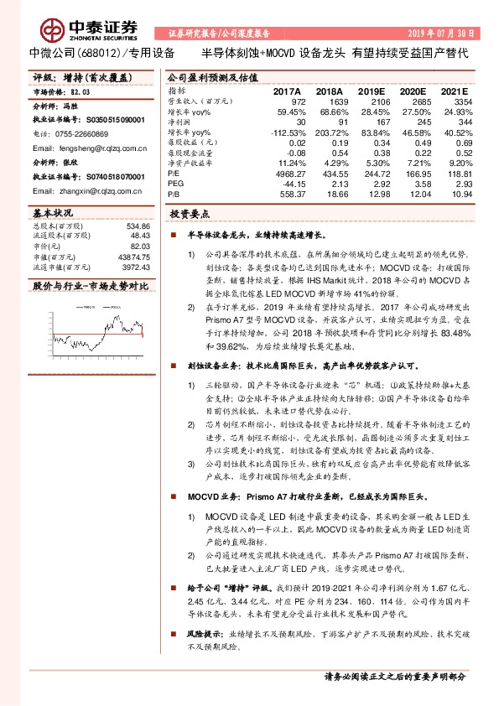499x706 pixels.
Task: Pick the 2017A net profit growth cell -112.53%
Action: click(x=285, y=132)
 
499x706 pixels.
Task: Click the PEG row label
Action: click(x=175, y=183)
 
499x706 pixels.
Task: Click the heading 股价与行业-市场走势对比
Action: click(x=90, y=286)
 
